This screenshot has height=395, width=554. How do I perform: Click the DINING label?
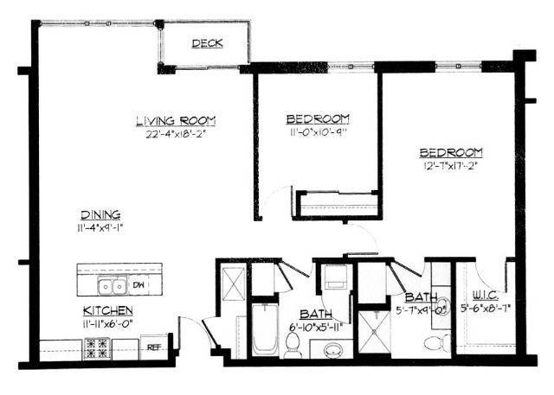pos(100,215)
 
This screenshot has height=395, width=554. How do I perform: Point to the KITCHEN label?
pos(107,310)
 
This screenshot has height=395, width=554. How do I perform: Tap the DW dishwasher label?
pos(138,285)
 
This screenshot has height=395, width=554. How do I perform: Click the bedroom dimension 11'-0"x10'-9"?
pos(318,131)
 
